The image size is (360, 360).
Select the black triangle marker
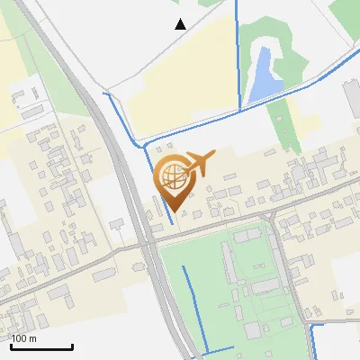(181, 24)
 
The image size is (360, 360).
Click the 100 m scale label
(24, 338)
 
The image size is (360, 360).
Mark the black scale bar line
(41, 346)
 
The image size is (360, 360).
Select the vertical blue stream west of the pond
(238, 54)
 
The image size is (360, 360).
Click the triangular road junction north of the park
(269, 220)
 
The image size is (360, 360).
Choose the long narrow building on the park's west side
(229, 261)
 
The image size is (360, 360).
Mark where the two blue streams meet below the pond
(240, 110)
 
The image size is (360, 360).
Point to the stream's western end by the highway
(106, 94)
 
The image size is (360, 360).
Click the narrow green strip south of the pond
(281, 121)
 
